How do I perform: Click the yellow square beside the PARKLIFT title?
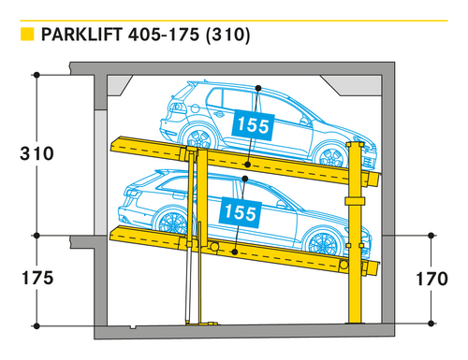pyautogui.click(x=27, y=35)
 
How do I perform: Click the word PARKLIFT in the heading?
pyautogui.click(x=81, y=35)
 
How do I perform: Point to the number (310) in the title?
pyautogui.click(x=228, y=35)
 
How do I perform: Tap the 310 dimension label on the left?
pyautogui.click(x=37, y=153)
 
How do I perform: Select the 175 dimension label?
pyautogui.click(x=37, y=278)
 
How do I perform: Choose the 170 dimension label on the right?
pyautogui.click(x=431, y=279)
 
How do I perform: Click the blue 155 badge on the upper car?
pyautogui.click(x=253, y=125)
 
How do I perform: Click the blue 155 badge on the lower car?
pyautogui.click(x=240, y=212)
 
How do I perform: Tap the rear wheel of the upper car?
pyautogui.click(x=198, y=138)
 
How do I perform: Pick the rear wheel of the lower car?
pyautogui.click(x=172, y=223)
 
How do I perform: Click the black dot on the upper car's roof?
pyautogui.click(x=258, y=88)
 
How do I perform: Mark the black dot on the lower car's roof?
pyautogui.click(x=245, y=179)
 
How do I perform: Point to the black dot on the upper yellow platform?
pyautogui.click(x=247, y=165)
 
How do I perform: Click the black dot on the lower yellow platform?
pyautogui.click(x=235, y=252)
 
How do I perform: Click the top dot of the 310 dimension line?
pyautogui.click(x=37, y=75)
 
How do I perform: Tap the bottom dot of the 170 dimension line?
pyautogui.click(x=431, y=324)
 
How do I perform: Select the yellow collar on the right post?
pyautogui.click(x=355, y=201)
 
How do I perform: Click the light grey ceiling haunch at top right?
pyautogui.click(x=352, y=85)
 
